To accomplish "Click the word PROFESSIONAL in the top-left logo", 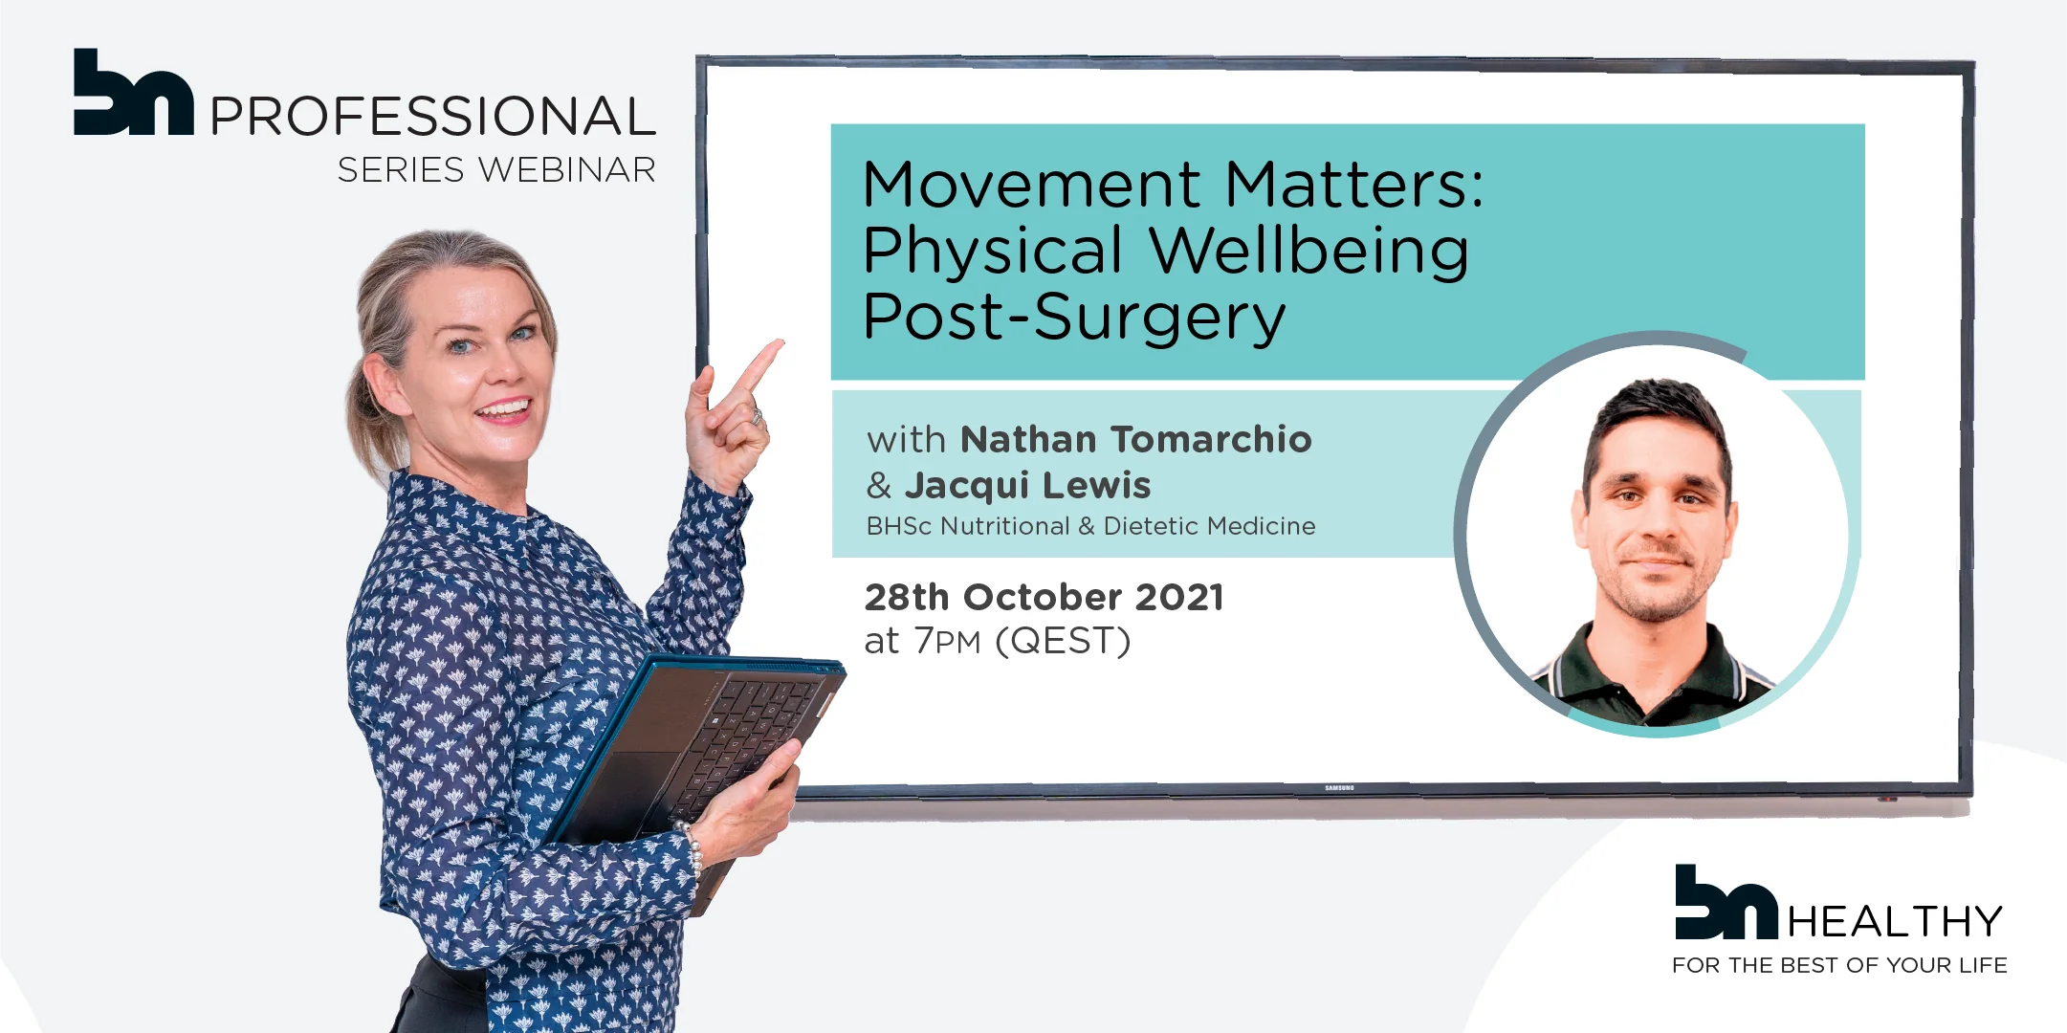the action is click(x=432, y=116).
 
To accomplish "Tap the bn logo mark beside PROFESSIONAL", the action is click(x=134, y=92).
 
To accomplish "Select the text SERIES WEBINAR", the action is click(x=496, y=169).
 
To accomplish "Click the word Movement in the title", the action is click(x=1031, y=184).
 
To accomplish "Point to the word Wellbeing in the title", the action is click(x=1309, y=253).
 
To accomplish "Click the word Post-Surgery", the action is click(x=1074, y=318).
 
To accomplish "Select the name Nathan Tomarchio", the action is click(x=1136, y=439).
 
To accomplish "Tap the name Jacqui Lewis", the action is click(x=1028, y=486).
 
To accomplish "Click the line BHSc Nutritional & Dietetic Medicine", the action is click(x=1090, y=526).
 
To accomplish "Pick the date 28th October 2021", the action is click(x=1044, y=597).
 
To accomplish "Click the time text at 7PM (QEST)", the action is click(x=998, y=641).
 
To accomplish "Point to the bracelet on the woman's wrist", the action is click(x=692, y=847).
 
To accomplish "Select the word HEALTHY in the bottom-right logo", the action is click(x=1895, y=922).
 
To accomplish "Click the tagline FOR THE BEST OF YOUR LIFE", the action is click(x=1839, y=965).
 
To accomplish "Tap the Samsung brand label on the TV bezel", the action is click(x=1339, y=788).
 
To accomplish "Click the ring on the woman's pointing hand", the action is click(x=756, y=417).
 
